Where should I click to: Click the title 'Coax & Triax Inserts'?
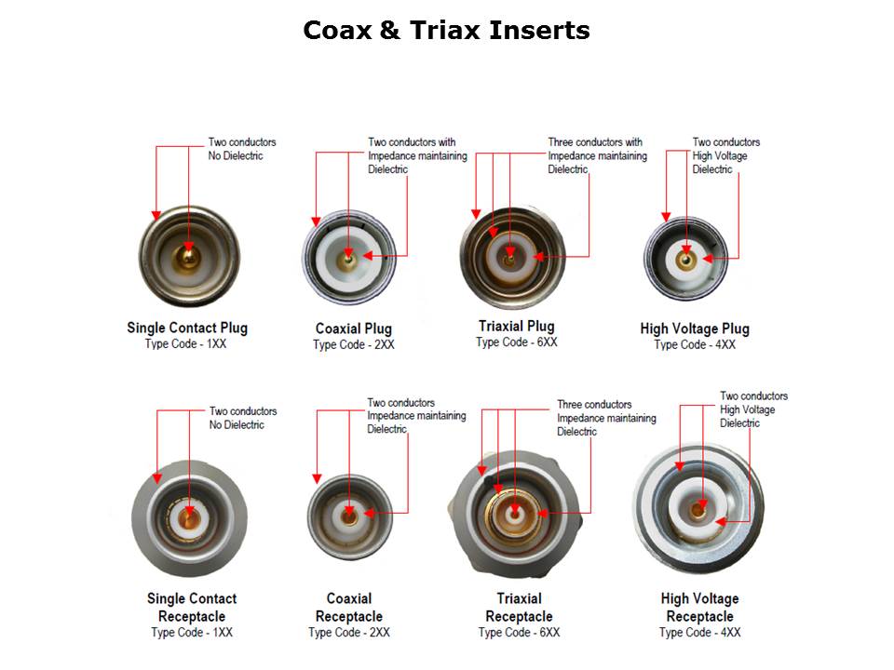[446, 30]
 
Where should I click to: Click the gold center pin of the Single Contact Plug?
[187, 258]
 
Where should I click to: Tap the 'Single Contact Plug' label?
[187, 328]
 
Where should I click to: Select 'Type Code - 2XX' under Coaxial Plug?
[354, 344]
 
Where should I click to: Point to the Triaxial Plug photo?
[512, 258]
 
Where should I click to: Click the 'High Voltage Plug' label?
[695, 328]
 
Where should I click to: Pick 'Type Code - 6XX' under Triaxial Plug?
[517, 342]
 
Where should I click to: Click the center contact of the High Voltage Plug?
[686, 260]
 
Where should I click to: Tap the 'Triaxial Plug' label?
[517, 326]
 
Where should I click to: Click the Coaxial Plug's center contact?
[347, 261]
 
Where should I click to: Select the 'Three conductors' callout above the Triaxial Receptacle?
[594, 405]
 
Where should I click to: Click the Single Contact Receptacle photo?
[189, 518]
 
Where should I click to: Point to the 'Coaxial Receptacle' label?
[349, 608]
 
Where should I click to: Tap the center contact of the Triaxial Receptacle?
[515, 514]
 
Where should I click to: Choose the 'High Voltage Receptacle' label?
[699, 608]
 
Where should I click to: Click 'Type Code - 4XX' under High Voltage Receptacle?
[699, 633]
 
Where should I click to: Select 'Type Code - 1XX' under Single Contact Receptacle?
[192, 633]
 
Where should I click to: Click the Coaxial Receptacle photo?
[350, 516]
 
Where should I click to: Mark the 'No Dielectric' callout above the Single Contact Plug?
[236, 156]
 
